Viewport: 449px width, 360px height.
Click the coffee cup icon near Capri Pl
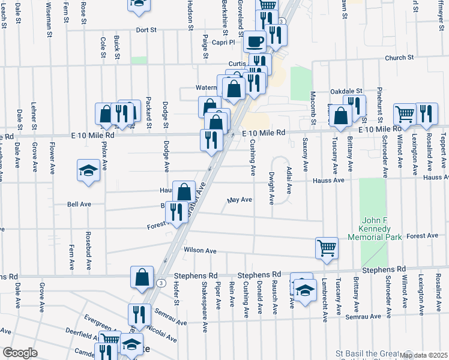pos(256,41)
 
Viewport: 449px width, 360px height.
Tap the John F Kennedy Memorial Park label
pos(379,229)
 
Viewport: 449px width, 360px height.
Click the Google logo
pos(20,353)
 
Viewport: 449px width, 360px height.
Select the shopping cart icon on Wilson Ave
pos(327,247)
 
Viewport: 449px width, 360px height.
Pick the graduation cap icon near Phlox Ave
pos(88,170)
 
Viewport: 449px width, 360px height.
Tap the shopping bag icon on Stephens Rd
pos(142,277)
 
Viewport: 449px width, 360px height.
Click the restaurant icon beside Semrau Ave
pos(139,314)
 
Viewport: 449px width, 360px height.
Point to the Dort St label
pos(146,29)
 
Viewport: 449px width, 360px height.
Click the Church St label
pos(400,58)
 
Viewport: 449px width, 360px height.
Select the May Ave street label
pos(240,200)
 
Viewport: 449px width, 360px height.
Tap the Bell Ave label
pos(79,204)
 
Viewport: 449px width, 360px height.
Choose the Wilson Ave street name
pos(200,250)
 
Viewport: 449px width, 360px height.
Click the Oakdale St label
pos(348,91)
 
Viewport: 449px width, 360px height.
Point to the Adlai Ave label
pos(288,180)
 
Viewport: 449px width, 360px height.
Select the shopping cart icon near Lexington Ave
pos(405,113)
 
